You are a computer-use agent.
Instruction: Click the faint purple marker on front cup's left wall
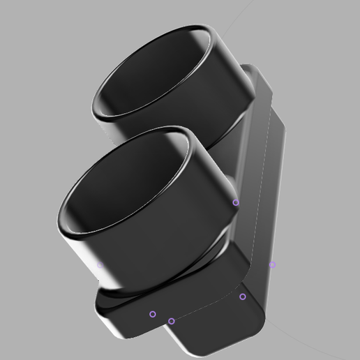tap(100, 264)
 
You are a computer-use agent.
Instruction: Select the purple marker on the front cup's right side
tap(236, 202)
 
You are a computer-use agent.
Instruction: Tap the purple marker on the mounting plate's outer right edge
tap(273, 264)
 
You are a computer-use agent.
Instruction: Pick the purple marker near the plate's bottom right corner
tap(243, 297)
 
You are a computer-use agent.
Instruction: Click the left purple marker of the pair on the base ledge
tap(153, 314)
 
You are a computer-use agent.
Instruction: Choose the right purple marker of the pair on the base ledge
tap(172, 321)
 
